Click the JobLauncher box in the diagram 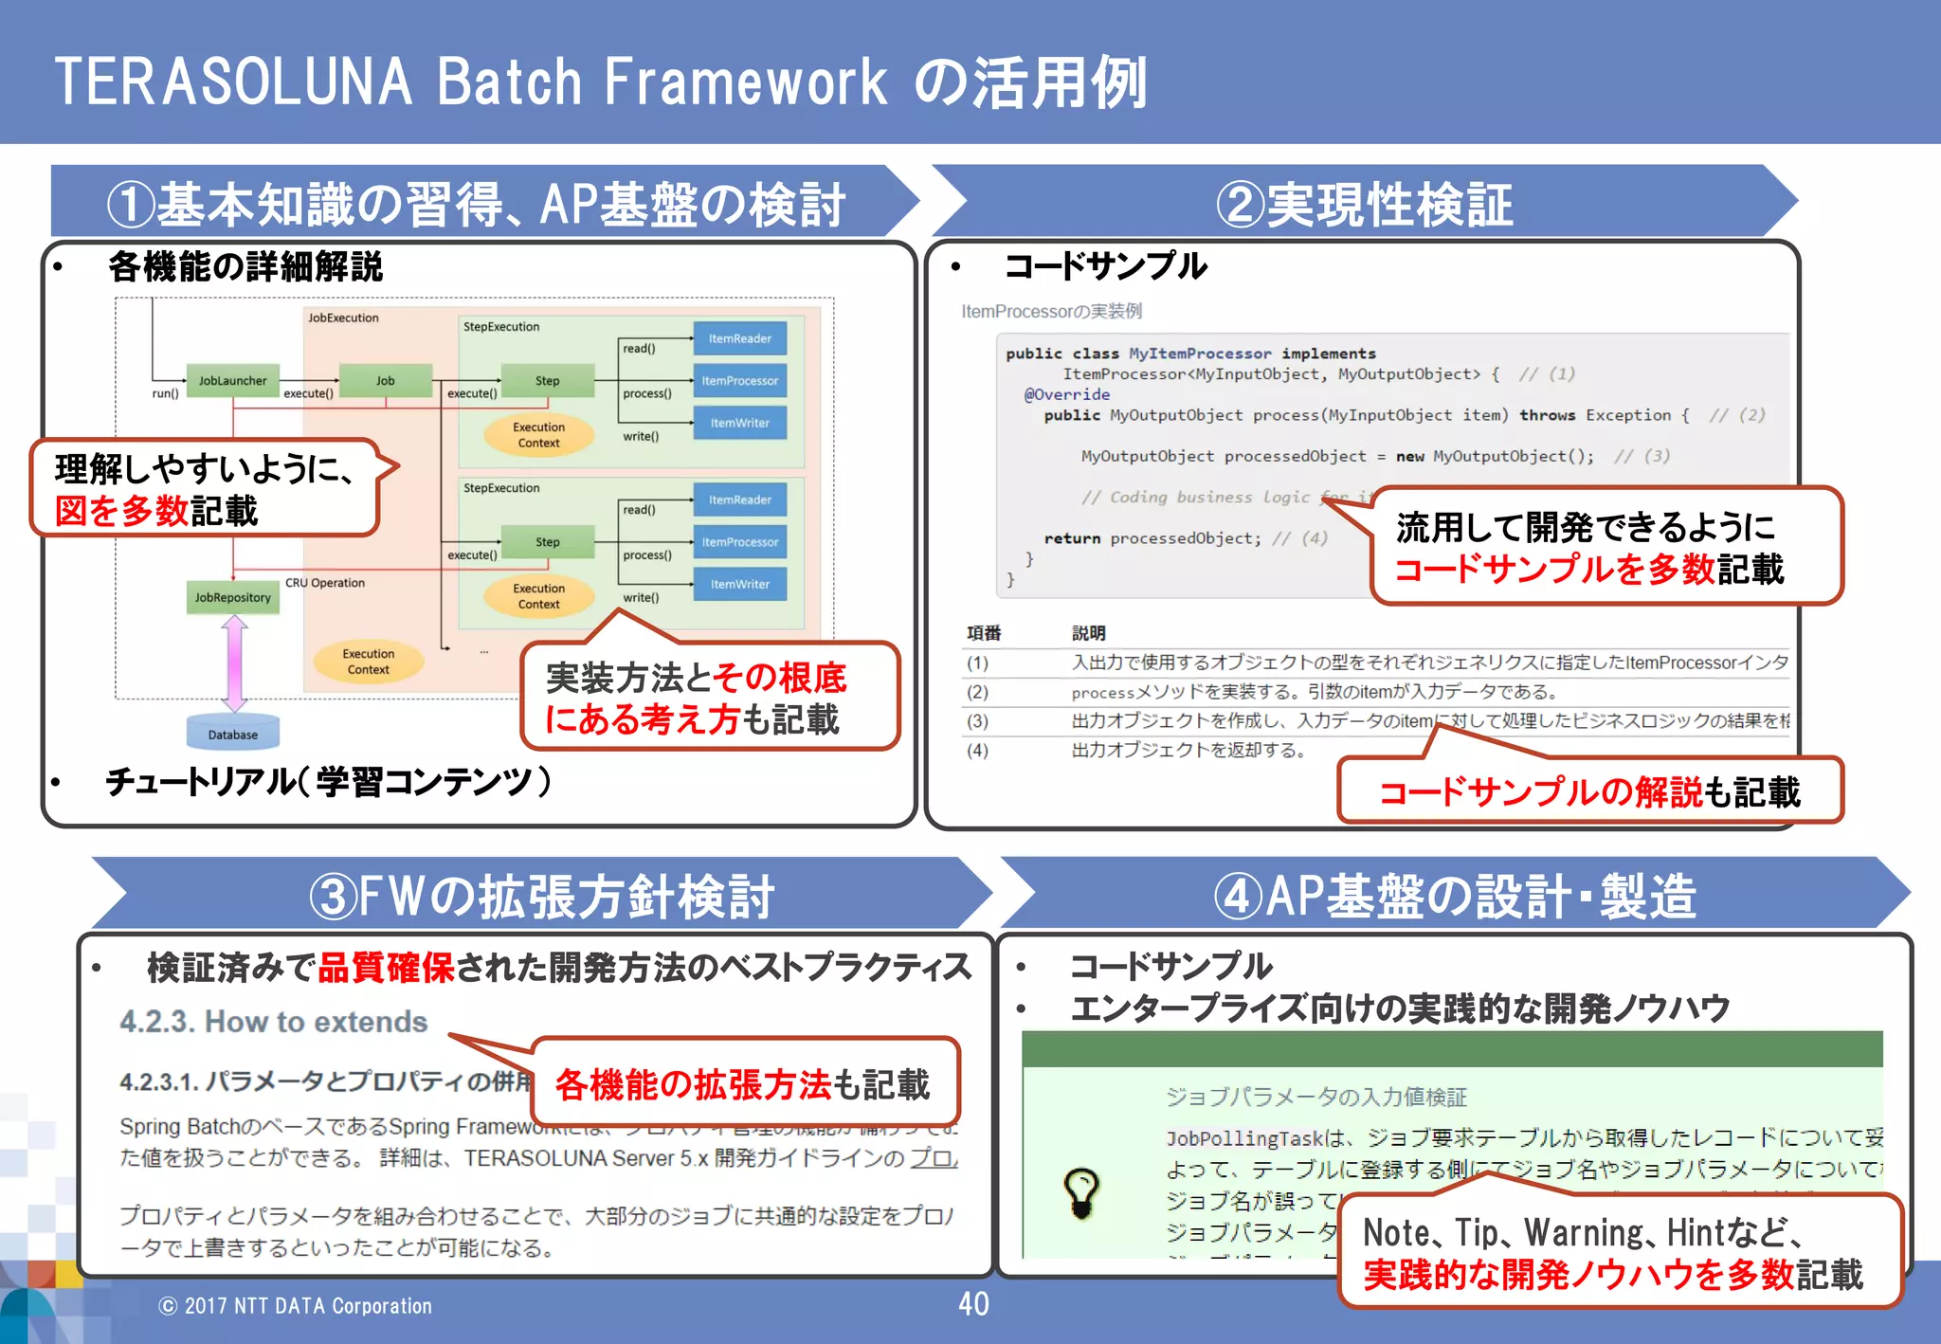pos(232,380)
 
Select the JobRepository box pos(232,597)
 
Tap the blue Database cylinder pos(232,734)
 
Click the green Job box pos(385,380)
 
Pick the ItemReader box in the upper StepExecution pos(739,338)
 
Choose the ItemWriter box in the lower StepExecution pos(739,584)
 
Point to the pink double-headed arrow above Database pos(234,663)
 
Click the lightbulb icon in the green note pos(1081,1192)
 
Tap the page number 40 pos(973,1304)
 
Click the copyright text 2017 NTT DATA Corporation pos(295,1306)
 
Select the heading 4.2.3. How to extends pos(273,1022)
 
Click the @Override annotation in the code pos(1066,394)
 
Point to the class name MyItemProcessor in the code pos(1200,354)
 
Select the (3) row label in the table pos(977,721)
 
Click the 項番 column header pos(984,633)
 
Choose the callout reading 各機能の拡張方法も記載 pos(744,1084)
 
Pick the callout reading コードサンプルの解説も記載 pos(1588,791)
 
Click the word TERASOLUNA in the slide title pos(233,82)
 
